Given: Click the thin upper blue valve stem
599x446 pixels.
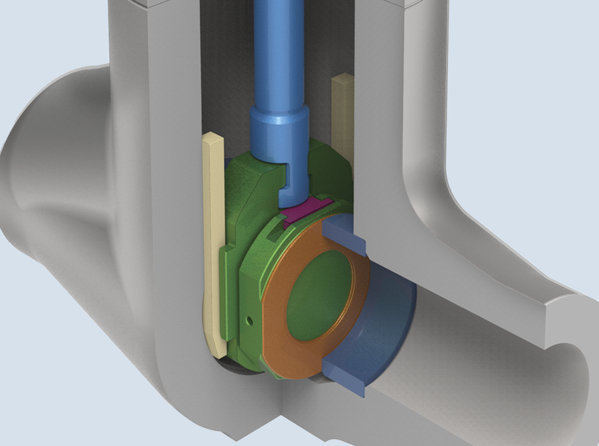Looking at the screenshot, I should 274,48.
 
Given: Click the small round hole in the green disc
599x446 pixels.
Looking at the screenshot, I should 248,321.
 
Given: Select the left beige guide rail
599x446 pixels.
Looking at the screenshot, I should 214,242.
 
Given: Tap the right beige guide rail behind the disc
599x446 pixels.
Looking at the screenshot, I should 342,113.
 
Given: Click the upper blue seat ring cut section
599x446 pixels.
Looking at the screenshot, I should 344,237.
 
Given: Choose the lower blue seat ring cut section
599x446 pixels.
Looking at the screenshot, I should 344,377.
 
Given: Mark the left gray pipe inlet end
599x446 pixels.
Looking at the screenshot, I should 32,161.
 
